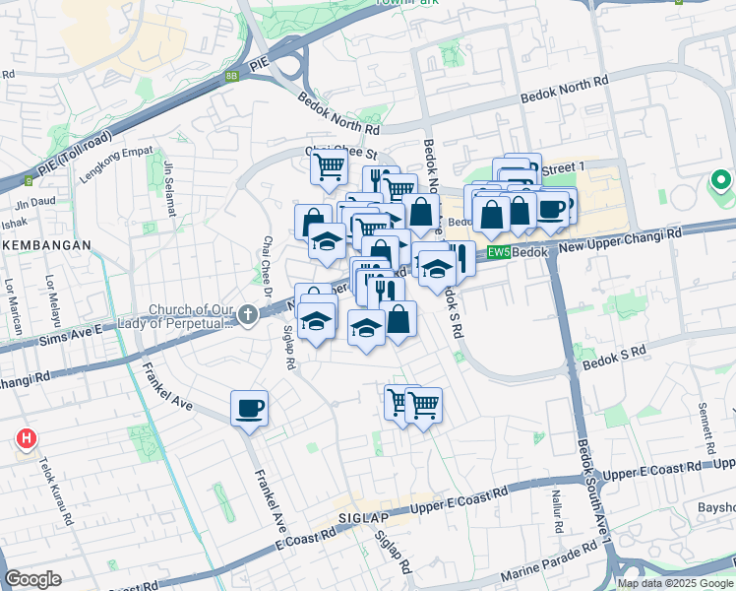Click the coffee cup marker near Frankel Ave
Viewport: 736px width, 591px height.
point(249,407)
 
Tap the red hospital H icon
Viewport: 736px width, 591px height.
point(26,437)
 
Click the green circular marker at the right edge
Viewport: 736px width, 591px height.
point(720,181)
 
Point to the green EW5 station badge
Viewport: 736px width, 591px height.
point(499,252)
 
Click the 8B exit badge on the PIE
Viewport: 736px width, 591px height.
point(231,74)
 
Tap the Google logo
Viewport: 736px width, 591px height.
point(33,579)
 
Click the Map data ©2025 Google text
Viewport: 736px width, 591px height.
point(674,583)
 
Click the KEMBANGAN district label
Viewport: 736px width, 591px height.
point(45,244)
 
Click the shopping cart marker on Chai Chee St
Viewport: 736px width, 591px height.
point(328,165)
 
